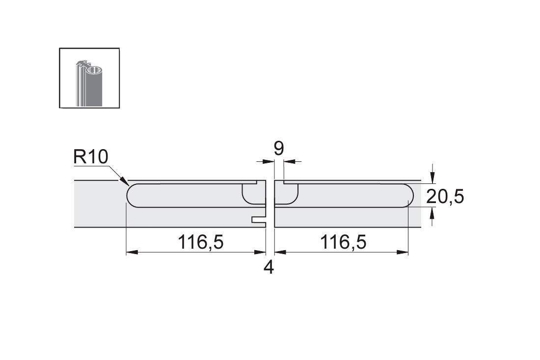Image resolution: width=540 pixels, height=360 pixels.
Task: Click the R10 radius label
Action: pyautogui.click(x=91, y=157)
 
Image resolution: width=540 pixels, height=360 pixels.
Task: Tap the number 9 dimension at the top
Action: pyautogui.click(x=279, y=148)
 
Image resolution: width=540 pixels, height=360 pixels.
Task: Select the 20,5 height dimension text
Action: pyautogui.click(x=445, y=197)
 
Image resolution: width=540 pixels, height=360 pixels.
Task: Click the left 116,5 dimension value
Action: pyautogui.click(x=200, y=242)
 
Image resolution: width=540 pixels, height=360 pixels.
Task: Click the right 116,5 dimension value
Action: pyautogui.click(x=343, y=242)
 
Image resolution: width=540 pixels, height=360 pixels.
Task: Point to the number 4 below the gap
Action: pyautogui.click(x=269, y=267)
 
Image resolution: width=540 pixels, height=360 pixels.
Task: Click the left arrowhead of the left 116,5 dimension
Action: pyautogui.click(x=132, y=252)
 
